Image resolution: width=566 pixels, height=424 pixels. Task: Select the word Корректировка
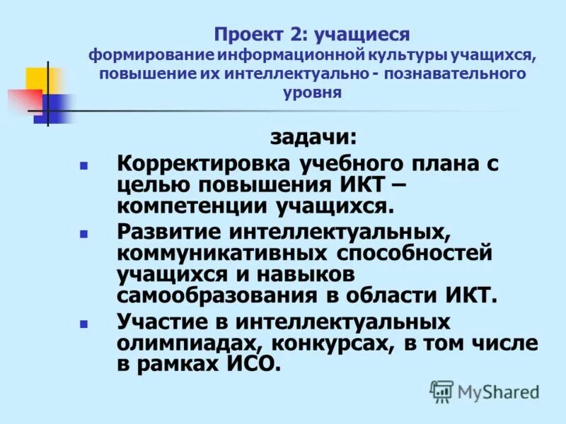pos(204,164)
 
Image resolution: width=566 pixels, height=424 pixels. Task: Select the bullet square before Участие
pos(83,323)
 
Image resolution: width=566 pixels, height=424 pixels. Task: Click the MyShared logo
pos(485,391)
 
